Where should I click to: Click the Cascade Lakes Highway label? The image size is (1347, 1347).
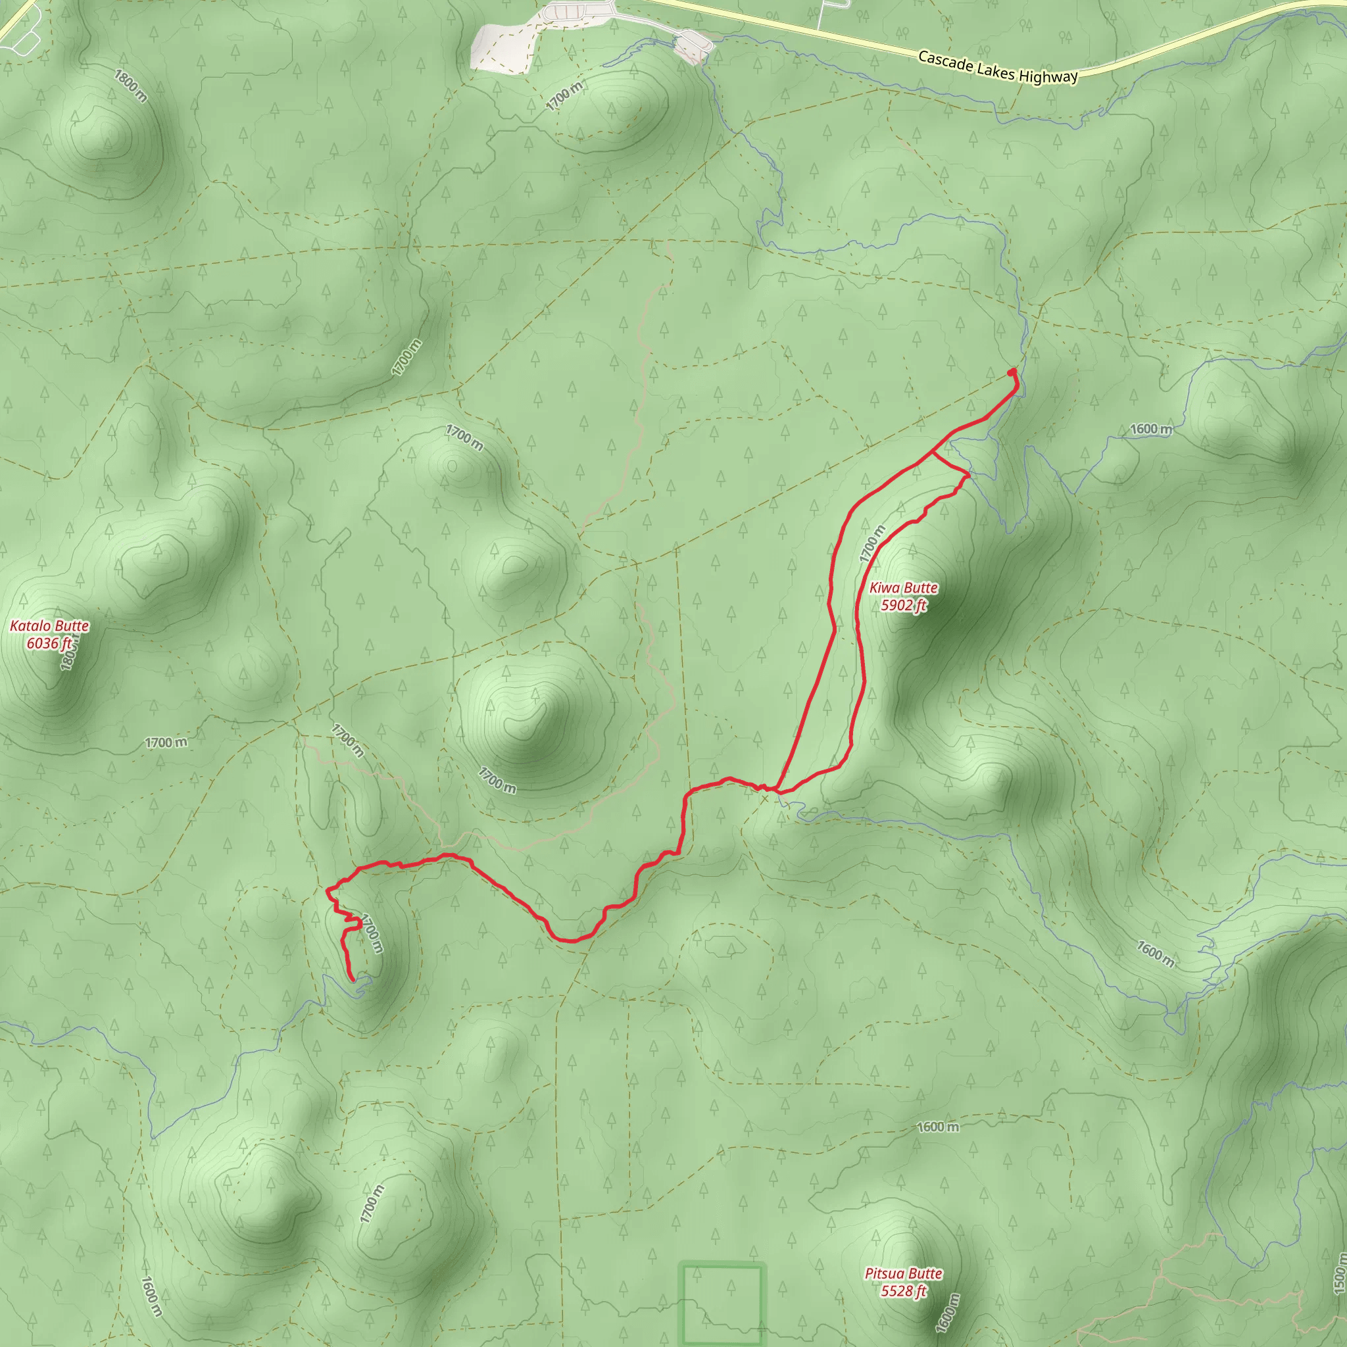[998, 67]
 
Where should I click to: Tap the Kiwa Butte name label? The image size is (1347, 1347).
[903, 588]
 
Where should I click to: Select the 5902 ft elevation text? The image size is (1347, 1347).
[903, 605]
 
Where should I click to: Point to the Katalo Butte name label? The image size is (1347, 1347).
[49, 625]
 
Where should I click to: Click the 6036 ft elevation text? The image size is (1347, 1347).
[49, 643]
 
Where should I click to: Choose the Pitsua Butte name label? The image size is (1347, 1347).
[903, 1274]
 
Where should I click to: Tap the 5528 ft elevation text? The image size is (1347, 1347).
[903, 1291]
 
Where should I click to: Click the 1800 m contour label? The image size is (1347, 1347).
[130, 86]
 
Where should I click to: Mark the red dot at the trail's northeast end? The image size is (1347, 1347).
[1012, 373]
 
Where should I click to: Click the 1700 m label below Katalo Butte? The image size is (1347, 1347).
[166, 743]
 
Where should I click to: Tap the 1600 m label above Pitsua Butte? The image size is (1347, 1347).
[937, 1127]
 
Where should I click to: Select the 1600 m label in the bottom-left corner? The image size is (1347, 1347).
[151, 1296]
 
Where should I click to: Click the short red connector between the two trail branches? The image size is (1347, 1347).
[950, 464]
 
